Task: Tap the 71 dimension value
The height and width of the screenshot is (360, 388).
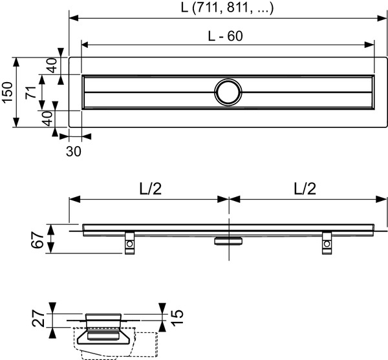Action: point(30,92)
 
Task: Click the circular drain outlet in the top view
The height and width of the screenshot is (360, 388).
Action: point(228,92)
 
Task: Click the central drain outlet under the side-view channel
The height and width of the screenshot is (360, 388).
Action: point(230,240)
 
